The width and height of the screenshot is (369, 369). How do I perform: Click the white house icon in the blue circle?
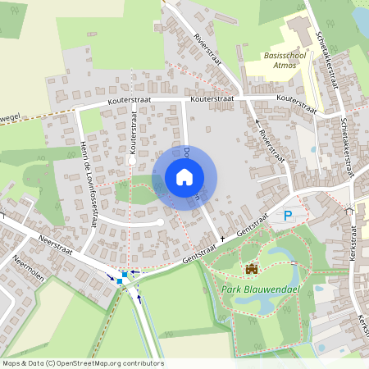pos(184,177)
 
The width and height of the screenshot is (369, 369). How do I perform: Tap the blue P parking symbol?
pos(288,216)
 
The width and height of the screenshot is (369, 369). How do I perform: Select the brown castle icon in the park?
pos(251,268)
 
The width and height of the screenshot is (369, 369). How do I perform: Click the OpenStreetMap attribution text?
pos(83,363)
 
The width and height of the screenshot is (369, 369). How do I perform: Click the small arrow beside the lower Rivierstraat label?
pos(257,119)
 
